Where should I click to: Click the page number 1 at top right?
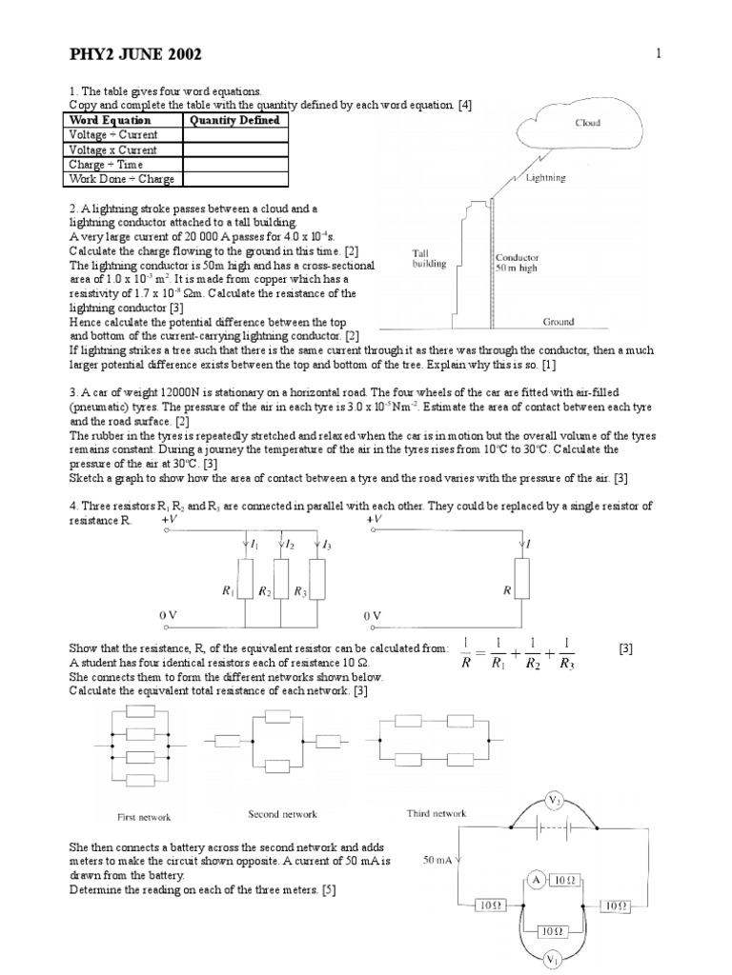coord(658,53)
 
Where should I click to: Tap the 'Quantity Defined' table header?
coord(234,120)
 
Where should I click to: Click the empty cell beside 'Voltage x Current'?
coord(234,149)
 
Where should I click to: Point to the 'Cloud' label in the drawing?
coord(588,123)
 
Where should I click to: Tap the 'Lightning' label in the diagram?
coord(546,177)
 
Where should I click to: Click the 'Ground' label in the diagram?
coord(559,322)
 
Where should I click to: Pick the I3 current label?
coord(328,545)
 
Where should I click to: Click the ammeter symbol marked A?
coord(537,881)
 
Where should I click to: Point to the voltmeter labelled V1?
coord(553,960)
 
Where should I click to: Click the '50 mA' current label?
coord(438,860)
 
